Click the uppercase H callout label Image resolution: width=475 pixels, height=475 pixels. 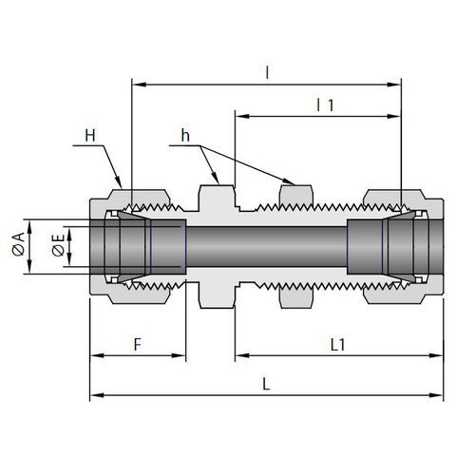coord(90,136)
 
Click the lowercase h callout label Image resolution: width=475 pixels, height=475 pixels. coord(185,135)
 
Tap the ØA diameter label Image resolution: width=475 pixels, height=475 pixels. coord(18,243)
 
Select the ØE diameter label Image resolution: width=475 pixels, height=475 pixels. coord(59,245)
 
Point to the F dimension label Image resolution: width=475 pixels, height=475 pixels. coord(138,345)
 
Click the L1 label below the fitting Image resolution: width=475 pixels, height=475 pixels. coord(337,345)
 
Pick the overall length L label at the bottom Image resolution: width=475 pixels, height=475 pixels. coord(266,384)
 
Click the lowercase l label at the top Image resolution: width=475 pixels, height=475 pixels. coord(267,72)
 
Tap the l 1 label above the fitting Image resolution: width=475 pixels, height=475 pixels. coord(325,104)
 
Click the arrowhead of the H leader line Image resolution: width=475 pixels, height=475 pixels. coord(119,182)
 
